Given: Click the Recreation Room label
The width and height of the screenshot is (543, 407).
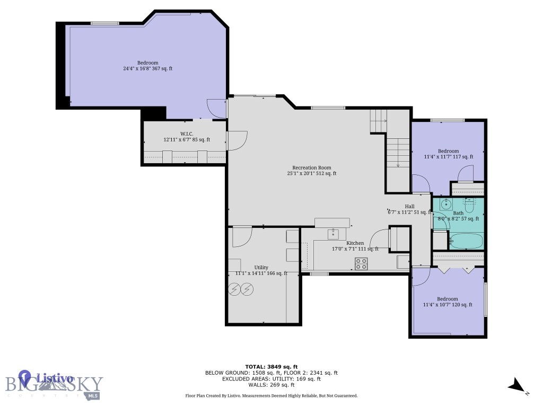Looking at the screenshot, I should pos(311,167).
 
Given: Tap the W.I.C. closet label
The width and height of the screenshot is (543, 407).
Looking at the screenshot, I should pos(186,134).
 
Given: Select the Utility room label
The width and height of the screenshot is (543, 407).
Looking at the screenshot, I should pos(261,267).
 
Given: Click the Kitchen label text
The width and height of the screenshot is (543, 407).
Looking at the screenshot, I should pos(355,243).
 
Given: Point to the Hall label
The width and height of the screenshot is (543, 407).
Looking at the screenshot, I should pos(409,206).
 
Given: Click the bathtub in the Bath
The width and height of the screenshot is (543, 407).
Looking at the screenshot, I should pos(466,242).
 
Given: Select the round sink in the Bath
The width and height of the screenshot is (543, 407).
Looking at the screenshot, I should pos(445,203).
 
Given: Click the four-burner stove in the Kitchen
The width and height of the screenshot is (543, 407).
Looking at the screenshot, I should pos(361,263).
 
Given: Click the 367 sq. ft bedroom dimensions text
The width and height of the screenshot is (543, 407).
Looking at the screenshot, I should pos(147,68).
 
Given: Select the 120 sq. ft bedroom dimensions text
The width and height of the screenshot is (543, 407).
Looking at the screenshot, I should pos(448,305).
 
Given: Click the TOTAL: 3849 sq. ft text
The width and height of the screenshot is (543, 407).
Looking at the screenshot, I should pos(271,367).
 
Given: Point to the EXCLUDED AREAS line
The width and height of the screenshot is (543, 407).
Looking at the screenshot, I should pos(271,379).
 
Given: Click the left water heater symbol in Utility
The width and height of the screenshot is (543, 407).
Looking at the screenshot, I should pos(233,289).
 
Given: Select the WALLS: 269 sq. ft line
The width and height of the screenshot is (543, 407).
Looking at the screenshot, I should pos(271,385).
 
